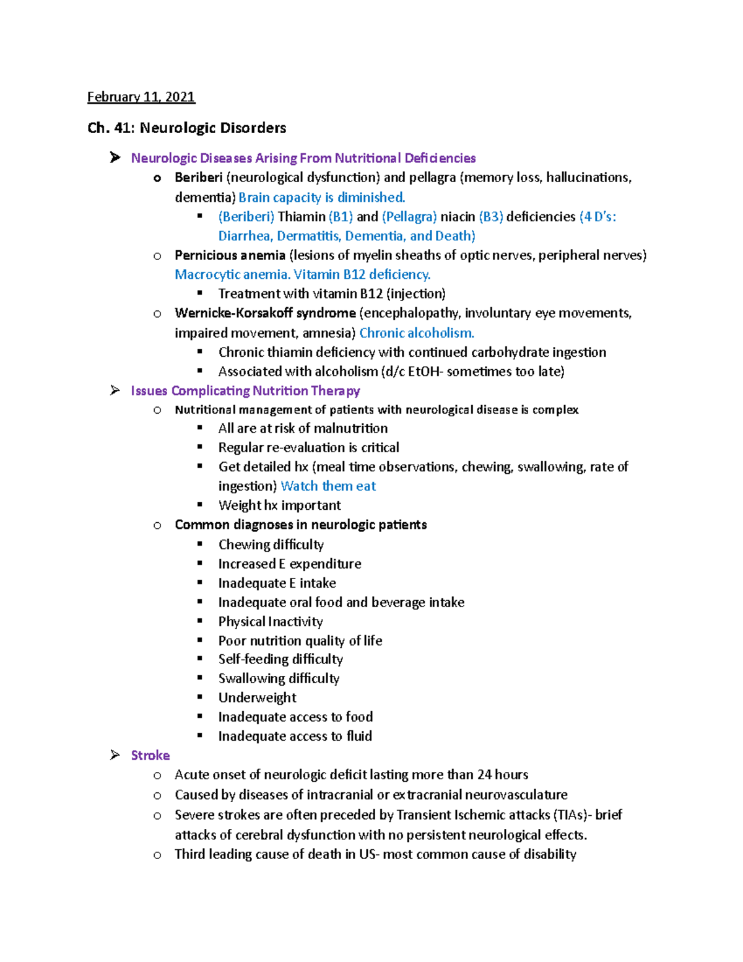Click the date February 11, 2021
[141, 97]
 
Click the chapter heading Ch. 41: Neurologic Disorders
[186, 128]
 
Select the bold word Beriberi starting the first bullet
[198, 178]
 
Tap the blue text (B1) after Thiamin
[341, 217]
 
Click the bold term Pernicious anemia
[230, 255]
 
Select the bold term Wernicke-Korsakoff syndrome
[265, 313]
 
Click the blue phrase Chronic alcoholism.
[417, 333]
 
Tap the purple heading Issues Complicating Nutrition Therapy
[245, 391]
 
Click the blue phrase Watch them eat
[328, 486]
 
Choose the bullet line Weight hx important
[279, 505]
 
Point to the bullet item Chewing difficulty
[271, 544]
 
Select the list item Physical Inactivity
[270, 621]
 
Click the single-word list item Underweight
[257, 697]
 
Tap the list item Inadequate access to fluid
[295, 736]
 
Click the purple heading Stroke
[150, 755]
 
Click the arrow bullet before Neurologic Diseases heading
[115, 158]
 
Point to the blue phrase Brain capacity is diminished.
[322, 198]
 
